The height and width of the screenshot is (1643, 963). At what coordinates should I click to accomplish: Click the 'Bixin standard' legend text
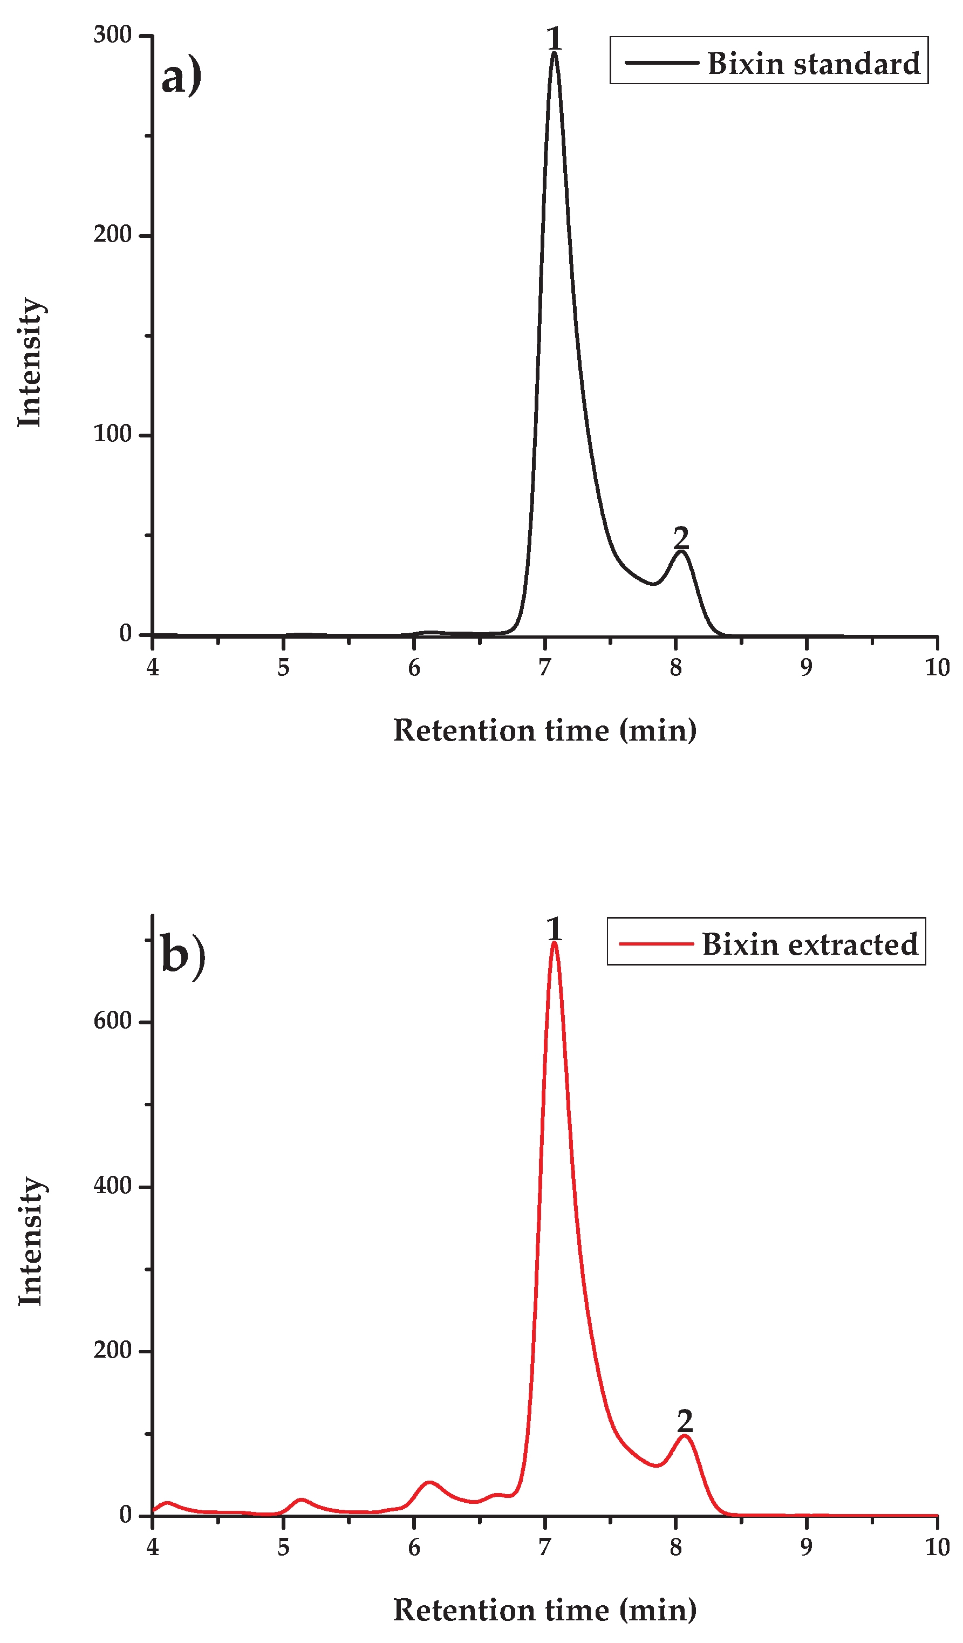click(x=813, y=64)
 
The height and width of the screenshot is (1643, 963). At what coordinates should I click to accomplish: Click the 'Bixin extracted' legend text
click(x=809, y=944)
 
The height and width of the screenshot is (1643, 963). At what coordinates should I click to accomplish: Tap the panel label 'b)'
click(x=182, y=956)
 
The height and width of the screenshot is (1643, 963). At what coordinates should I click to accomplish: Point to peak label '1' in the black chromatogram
click(x=554, y=38)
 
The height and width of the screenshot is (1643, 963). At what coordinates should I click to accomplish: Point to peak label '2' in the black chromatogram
click(x=681, y=538)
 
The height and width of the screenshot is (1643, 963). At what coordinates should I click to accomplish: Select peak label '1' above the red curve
click(x=554, y=929)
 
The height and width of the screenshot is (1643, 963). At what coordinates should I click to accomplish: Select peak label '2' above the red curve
click(x=685, y=1421)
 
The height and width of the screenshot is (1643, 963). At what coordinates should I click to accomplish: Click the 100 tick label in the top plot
click(x=112, y=434)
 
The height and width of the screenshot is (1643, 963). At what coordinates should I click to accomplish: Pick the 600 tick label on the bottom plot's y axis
click(x=112, y=1021)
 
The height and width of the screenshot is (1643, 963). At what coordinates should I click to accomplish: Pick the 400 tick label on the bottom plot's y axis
click(x=112, y=1185)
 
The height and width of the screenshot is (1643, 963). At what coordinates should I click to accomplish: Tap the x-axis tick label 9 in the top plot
click(x=807, y=668)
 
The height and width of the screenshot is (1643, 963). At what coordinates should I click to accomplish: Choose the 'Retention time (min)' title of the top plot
click(x=545, y=730)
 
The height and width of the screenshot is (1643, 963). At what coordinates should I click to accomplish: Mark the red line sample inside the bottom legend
click(x=655, y=943)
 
